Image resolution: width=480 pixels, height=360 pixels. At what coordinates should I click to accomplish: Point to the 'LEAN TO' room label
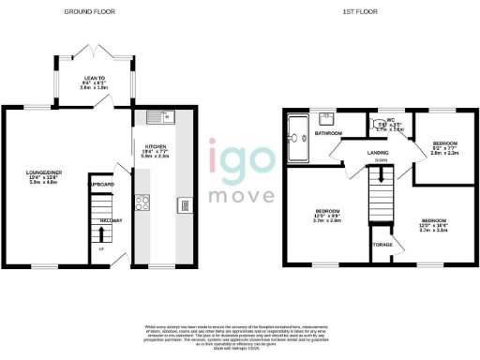[93, 78]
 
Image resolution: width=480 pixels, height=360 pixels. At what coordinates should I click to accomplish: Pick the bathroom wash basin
[329, 119]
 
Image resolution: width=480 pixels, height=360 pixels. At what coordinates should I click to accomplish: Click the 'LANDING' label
[378, 151]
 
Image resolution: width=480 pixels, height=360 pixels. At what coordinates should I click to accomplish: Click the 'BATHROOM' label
[328, 134]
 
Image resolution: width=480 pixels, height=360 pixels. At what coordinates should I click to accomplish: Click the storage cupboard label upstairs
[382, 245]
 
